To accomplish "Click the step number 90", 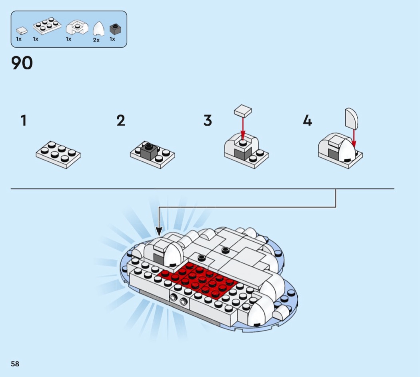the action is pyautogui.click(x=22, y=63).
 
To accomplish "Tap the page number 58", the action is pyautogui.click(x=15, y=364).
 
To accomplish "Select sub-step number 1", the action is pyautogui.click(x=24, y=120).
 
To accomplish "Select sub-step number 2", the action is pyautogui.click(x=121, y=120).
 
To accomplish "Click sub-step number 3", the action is pyautogui.click(x=208, y=120).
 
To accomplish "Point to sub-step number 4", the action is pyautogui.click(x=308, y=120).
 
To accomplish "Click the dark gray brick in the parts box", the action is pyautogui.click(x=115, y=29).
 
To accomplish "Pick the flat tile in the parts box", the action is pyautogui.click(x=22, y=30).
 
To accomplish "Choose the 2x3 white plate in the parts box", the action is pyautogui.click(x=47, y=26).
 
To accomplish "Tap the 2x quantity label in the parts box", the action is pyautogui.click(x=96, y=40).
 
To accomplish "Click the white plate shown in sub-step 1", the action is pyautogui.click(x=58, y=155).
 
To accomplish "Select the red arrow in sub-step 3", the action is pyautogui.click(x=243, y=128).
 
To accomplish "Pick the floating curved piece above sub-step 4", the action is pyautogui.click(x=352, y=118).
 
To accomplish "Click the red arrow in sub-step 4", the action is pyautogui.click(x=354, y=138).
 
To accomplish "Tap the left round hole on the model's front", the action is pyautogui.click(x=174, y=297).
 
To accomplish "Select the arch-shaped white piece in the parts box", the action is pyautogui.click(x=77, y=27).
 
